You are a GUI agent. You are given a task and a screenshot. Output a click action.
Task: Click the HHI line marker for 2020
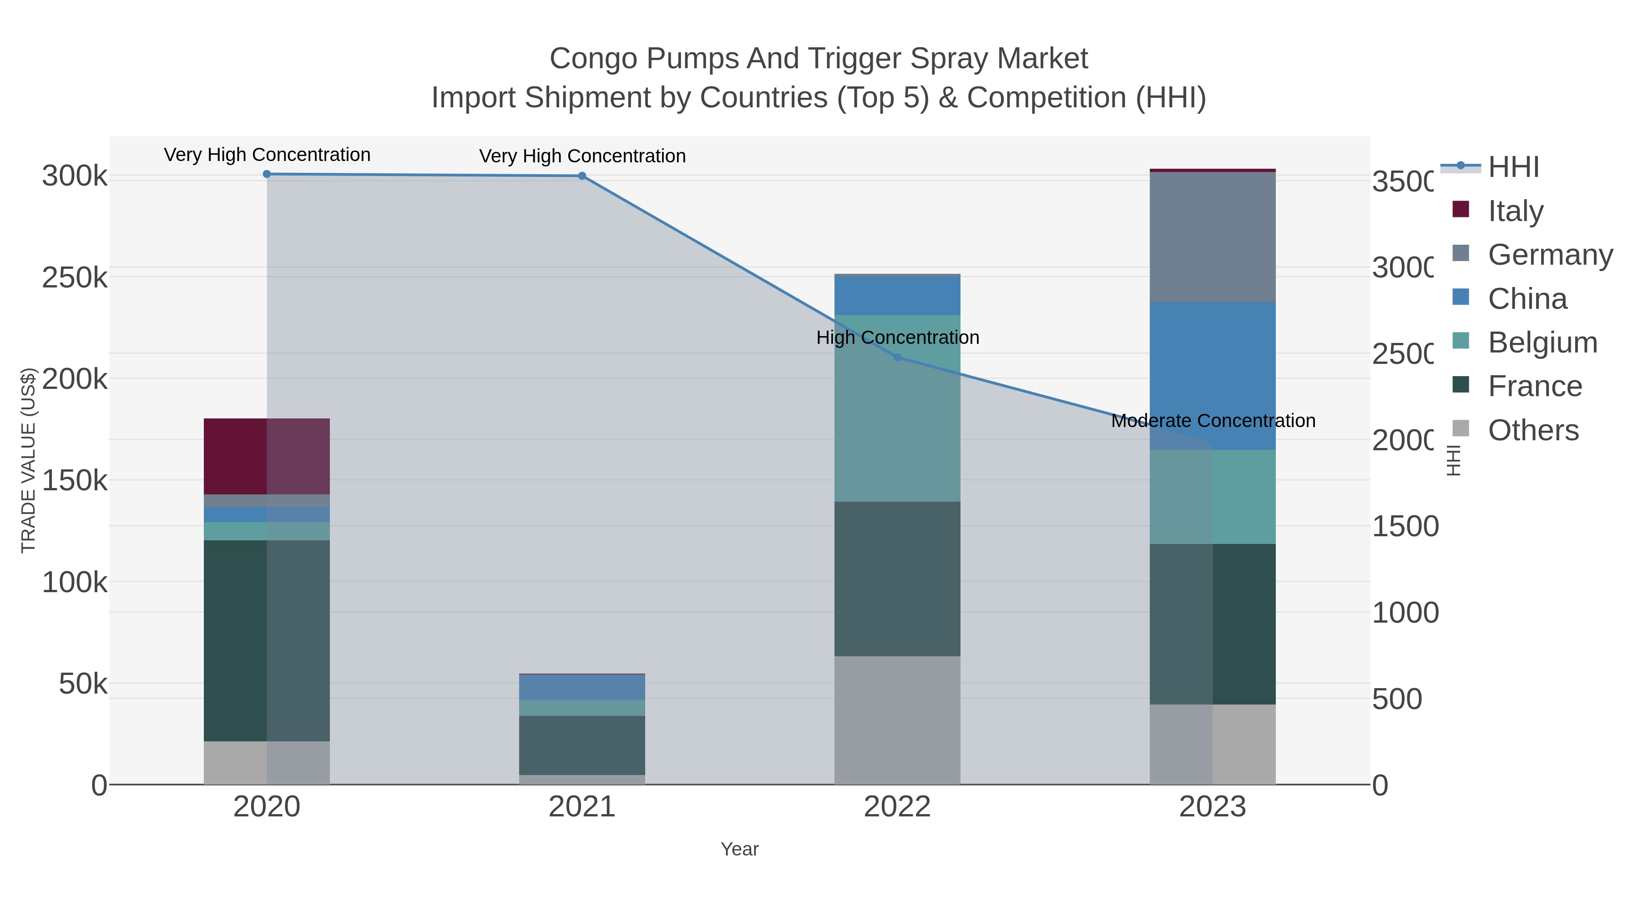click(267, 174)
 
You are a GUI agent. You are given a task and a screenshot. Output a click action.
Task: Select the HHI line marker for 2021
click(582, 176)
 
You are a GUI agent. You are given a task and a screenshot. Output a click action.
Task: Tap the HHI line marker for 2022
click(897, 357)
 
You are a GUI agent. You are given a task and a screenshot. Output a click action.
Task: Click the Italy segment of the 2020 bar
click(267, 456)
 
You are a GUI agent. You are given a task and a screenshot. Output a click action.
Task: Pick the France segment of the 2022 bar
click(897, 579)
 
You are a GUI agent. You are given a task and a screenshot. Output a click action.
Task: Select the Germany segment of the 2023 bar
click(1213, 237)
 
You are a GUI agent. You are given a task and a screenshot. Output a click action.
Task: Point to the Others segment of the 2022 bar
click(897, 720)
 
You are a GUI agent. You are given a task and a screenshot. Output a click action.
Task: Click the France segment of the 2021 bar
click(582, 745)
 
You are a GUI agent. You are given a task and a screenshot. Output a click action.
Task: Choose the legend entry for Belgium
click(1542, 342)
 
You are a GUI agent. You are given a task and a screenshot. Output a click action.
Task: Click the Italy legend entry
click(1515, 211)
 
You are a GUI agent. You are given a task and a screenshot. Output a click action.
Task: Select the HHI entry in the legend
click(1513, 167)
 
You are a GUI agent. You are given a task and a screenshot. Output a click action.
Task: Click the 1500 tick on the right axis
click(1404, 526)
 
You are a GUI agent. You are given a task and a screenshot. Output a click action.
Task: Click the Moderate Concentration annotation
click(1213, 421)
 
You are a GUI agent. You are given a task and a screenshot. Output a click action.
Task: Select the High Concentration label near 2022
click(897, 337)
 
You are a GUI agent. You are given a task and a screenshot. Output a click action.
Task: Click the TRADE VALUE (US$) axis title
click(29, 460)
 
